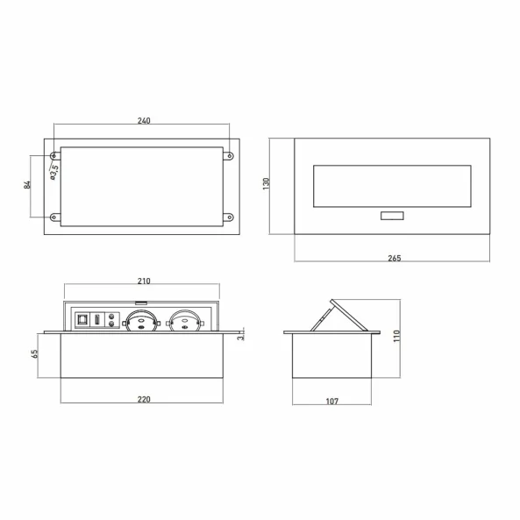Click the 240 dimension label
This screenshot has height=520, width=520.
144,120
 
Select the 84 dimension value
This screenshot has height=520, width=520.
27,185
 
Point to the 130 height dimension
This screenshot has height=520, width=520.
266,184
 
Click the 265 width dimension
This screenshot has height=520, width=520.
395,258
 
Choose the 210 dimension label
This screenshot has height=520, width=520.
144,281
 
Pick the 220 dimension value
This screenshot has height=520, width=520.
144,399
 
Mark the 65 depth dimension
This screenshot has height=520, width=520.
34,353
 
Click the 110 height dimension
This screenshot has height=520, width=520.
396,336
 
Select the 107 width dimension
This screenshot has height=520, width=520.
332,402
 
